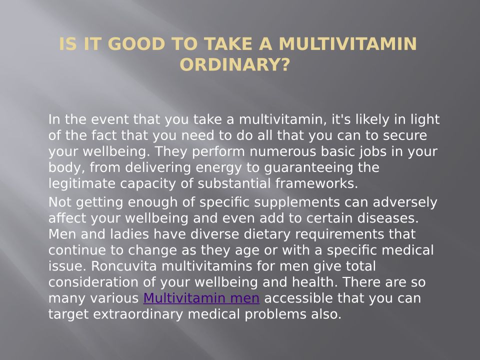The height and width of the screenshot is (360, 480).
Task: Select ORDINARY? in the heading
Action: coord(235,64)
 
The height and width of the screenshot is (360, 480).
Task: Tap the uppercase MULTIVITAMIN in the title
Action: coord(348,44)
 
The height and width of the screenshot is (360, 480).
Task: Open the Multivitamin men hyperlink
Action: coord(201,298)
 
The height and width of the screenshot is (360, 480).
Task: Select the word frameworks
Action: coord(316,183)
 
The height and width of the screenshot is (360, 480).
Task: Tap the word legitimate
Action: coord(82,184)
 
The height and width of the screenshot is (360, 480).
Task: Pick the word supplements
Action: coord(297,203)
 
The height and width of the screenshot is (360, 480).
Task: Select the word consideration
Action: coord(93,282)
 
